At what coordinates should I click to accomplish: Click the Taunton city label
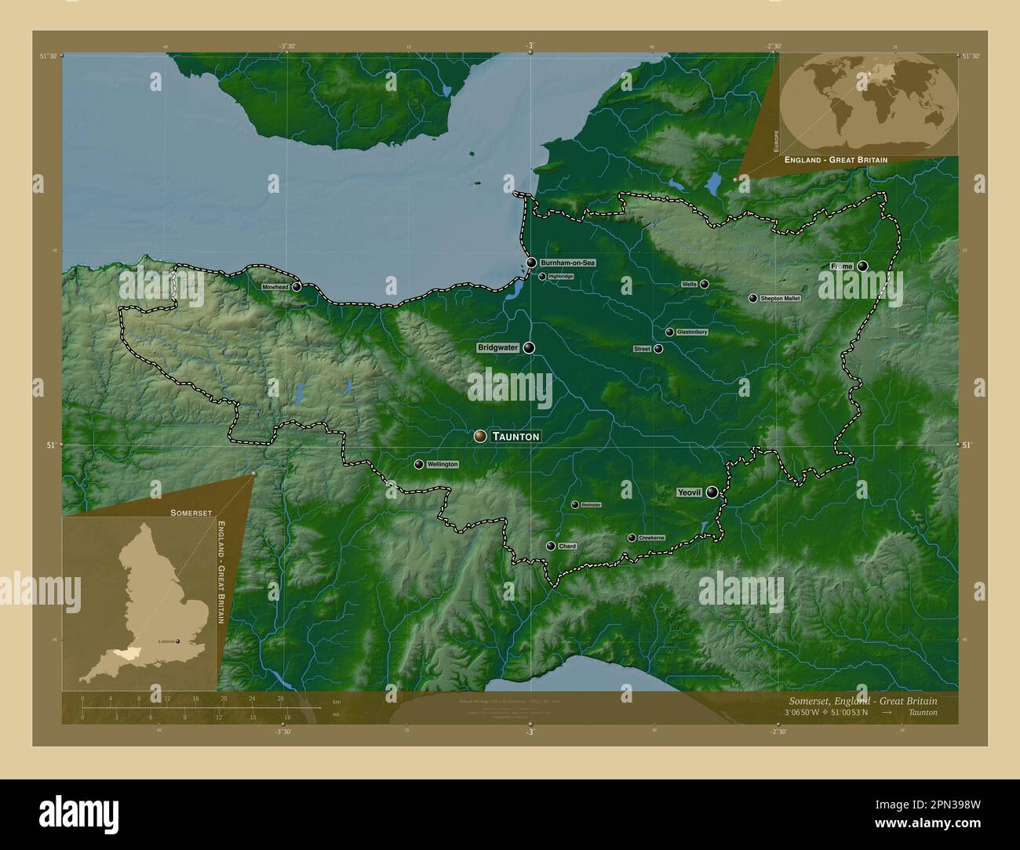(515, 436)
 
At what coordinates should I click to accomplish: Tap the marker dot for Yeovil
(712, 492)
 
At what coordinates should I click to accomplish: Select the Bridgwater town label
(498, 347)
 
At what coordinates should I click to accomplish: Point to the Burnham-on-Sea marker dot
(532, 263)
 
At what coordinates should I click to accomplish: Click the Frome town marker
(863, 267)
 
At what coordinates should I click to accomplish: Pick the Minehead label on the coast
(276, 287)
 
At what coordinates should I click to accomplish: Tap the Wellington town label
(442, 464)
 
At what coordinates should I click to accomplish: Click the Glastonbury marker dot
(669, 332)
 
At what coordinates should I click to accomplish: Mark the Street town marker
(658, 349)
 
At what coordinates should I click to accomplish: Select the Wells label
(689, 285)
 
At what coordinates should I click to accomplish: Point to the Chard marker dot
(551, 546)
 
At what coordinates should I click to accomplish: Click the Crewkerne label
(651, 538)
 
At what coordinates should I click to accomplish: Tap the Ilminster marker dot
(575, 505)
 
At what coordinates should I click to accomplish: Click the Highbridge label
(561, 277)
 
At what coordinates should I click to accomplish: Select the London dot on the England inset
(178, 641)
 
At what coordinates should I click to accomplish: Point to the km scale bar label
(337, 701)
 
